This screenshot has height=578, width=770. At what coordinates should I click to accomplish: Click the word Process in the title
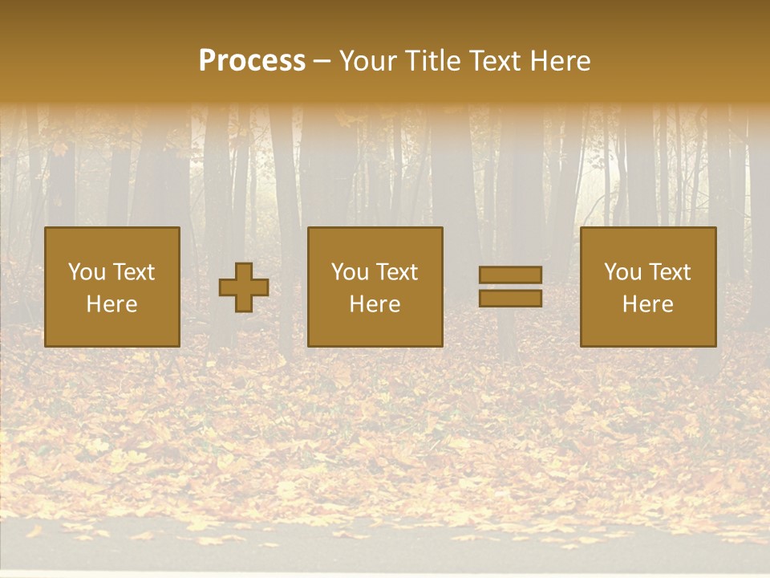[x=252, y=61]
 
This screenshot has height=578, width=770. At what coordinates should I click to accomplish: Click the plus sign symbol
[x=244, y=287]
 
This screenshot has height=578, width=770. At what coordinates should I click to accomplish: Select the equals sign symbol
[x=510, y=287]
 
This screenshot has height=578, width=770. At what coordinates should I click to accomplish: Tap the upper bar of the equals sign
[x=510, y=275]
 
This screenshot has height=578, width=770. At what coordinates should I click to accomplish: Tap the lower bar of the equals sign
[x=510, y=298]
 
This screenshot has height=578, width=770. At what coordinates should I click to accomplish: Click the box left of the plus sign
[x=112, y=287]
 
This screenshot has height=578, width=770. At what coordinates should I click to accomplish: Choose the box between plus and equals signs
[x=375, y=287]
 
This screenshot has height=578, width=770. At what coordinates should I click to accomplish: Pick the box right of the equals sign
[x=648, y=287]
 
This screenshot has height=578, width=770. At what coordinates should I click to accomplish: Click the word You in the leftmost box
[x=87, y=272]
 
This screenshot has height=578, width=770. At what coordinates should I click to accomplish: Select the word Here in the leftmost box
[x=112, y=304]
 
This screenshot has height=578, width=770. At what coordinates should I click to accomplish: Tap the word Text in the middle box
[x=397, y=272]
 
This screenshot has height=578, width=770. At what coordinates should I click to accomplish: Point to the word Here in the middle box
[x=375, y=304]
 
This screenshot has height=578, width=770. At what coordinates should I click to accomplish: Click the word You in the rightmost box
[x=623, y=272]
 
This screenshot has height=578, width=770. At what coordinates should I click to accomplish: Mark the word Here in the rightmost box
[x=648, y=304]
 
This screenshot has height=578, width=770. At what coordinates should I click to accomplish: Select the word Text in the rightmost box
[x=670, y=272]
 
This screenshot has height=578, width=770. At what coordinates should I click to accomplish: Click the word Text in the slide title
[x=493, y=61]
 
